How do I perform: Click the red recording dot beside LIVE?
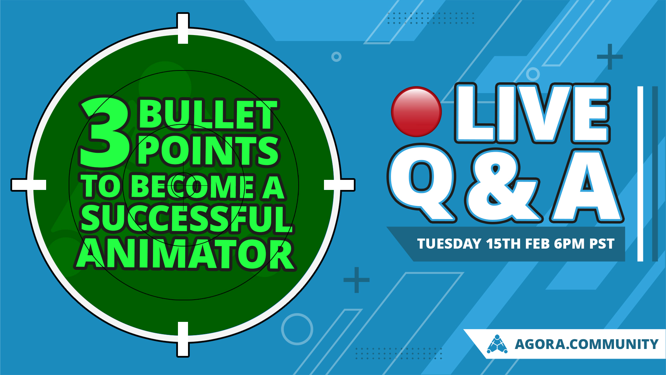pos(416,111)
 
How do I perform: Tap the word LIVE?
pos(532,113)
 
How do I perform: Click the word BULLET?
pos(208,115)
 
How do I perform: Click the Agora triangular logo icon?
pos(497,344)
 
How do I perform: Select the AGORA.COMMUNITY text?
pos(586,344)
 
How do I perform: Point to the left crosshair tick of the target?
pos(28,185)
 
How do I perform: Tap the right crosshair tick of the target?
pos(339,185)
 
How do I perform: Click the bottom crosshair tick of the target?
pos(183,339)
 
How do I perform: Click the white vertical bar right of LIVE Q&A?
pos(640,174)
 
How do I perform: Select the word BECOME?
pos(193,187)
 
